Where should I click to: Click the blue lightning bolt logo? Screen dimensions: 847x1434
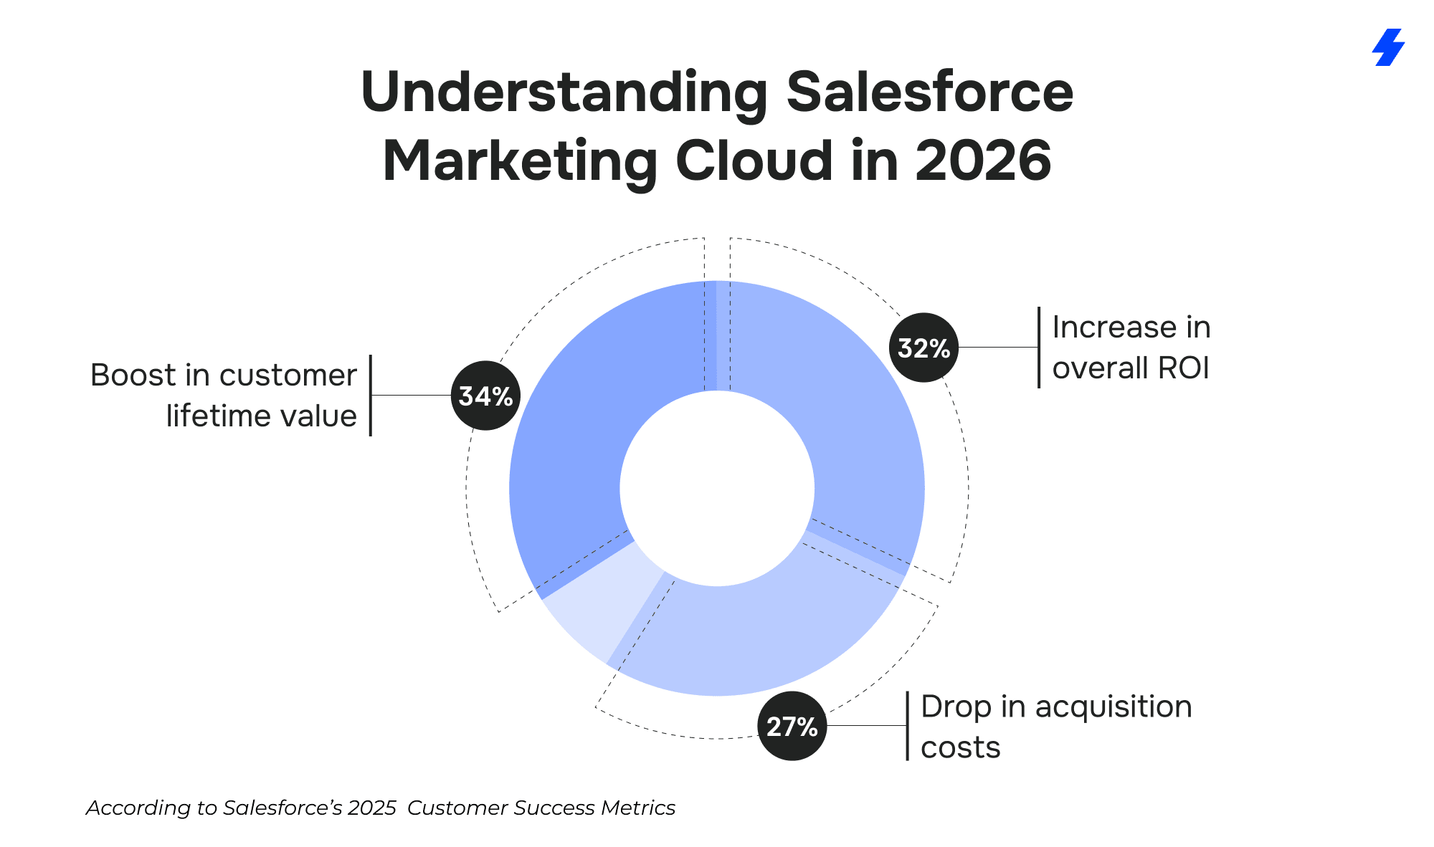[1388, 47]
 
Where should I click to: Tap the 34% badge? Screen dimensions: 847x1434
[485, 396]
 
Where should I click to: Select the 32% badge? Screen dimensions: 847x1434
[923, 348]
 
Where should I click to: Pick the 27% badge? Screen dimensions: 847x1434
[792, 726]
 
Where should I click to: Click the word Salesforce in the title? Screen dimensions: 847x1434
[929, 92]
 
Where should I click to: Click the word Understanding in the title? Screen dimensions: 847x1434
[564, 92]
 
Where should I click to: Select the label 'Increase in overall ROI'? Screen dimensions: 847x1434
[1131, 348]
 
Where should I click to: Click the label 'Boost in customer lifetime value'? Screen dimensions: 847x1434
[224, 395]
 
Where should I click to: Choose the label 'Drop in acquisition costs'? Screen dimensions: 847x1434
[1055, 726]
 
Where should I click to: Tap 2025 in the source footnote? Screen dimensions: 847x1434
[371, 808]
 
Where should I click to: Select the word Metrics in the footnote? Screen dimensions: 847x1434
[638, 808]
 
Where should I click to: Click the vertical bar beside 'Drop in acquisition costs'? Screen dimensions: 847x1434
[907, 726]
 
